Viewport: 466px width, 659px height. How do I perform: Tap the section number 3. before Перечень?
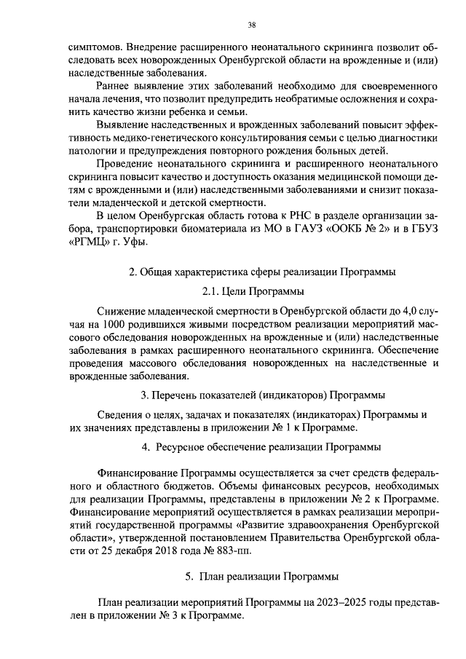pos(144,395)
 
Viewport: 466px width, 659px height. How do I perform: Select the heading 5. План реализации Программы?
pos(262,576)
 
